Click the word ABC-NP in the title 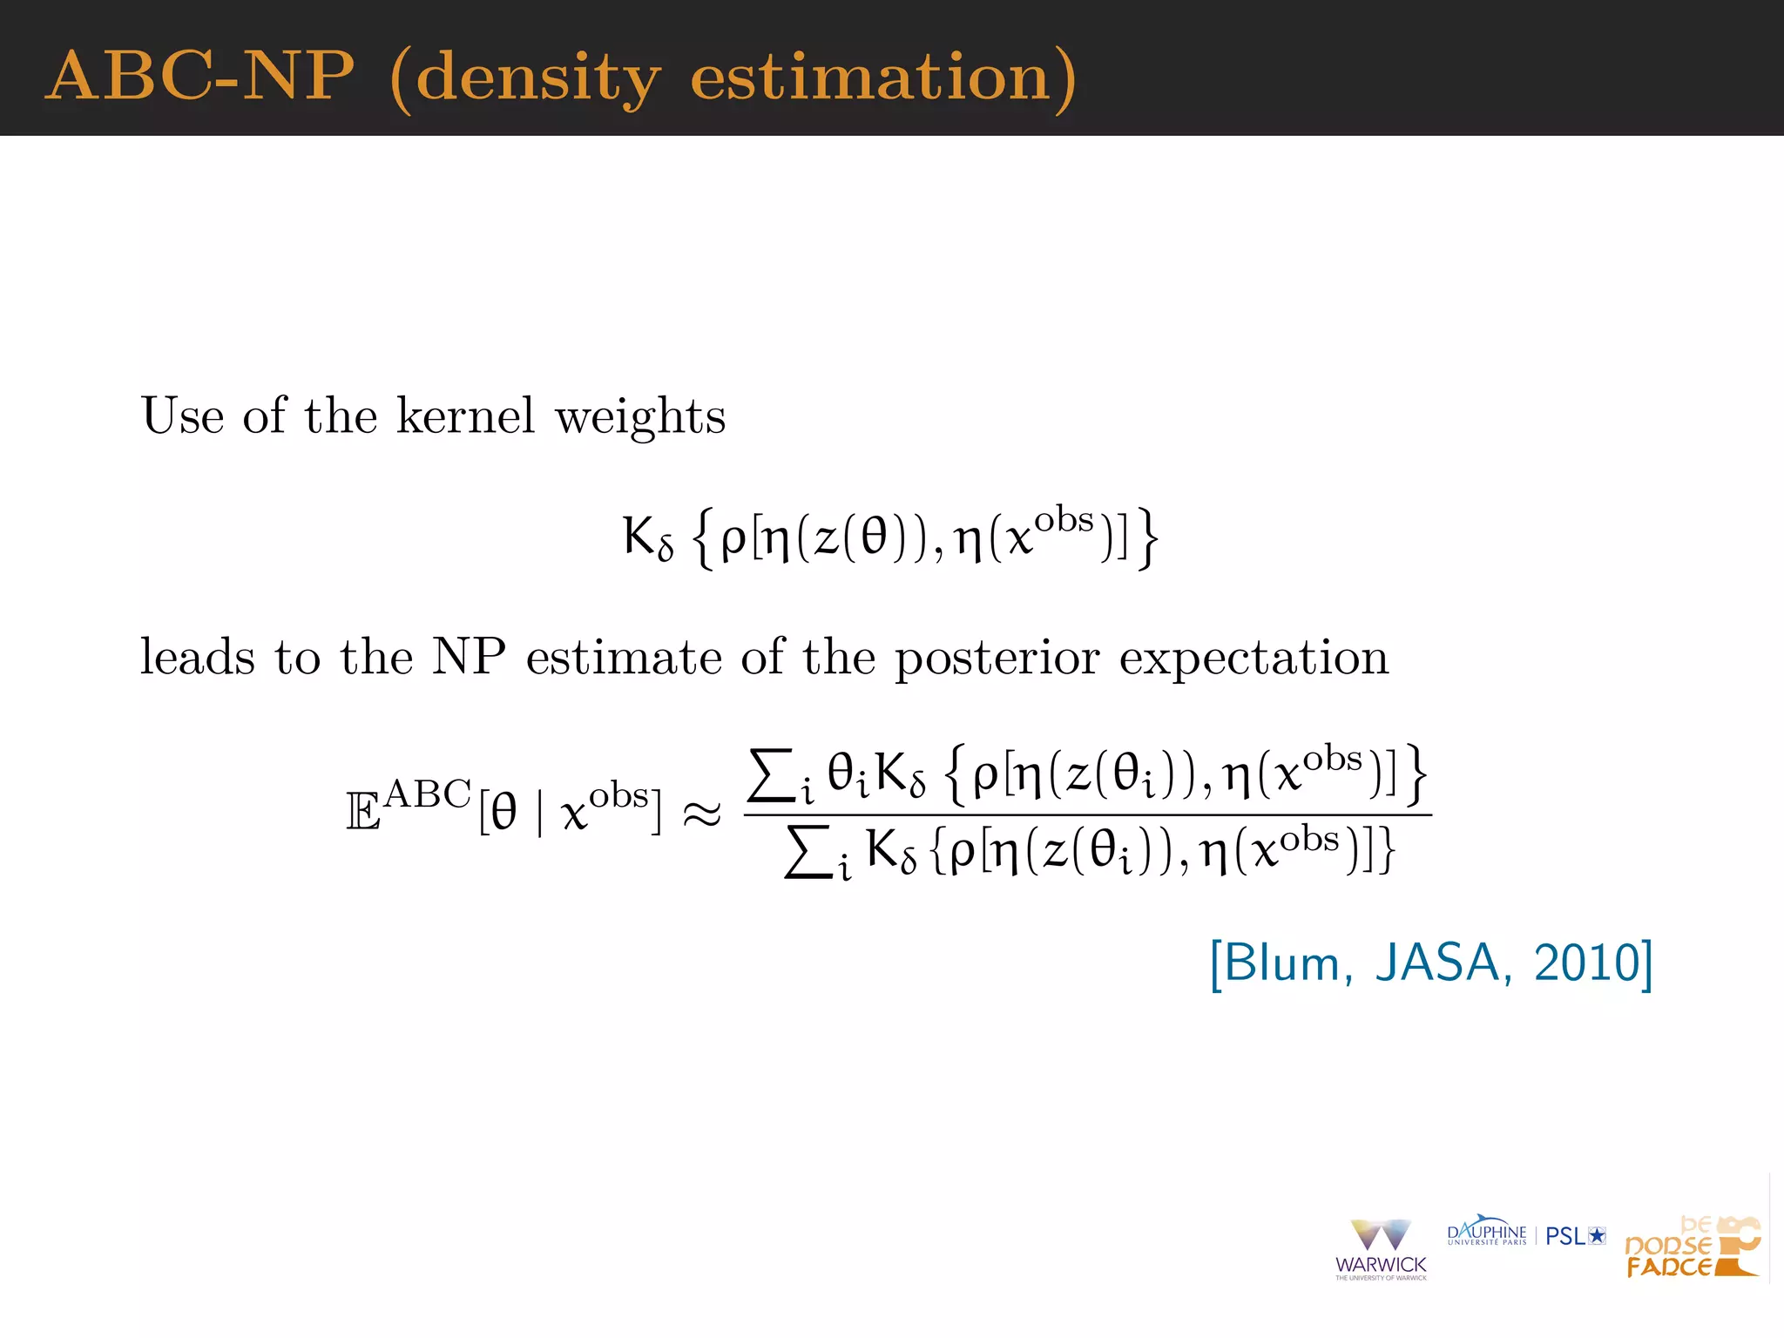tap(200, 76)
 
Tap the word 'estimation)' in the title tap(883, 78)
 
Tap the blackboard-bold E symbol tap(363, 813)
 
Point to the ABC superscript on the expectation tap(427, 794)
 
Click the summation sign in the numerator tap(771, 774)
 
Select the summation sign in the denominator tap(807, 853)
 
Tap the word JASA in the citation tap(1436, 963)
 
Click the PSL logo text tap(1565, 1236)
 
